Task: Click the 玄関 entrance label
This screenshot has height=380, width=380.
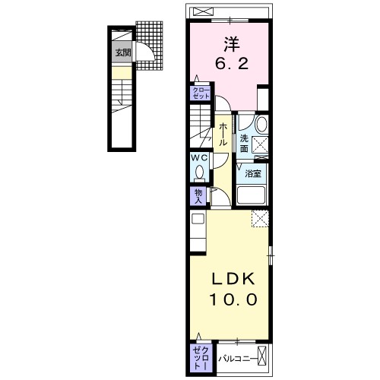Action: [x=122, y=53]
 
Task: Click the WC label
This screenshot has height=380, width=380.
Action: [x=198, y=158]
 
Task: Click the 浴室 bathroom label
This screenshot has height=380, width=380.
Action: [x=252, y=173]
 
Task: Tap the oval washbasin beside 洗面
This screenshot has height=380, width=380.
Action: [x=261, y=124]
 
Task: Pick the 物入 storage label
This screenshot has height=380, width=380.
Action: [x=198, y=196]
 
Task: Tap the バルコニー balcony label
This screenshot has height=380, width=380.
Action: [x=236, y=355]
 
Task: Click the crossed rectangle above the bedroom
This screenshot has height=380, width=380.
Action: [x=203, y=11]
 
